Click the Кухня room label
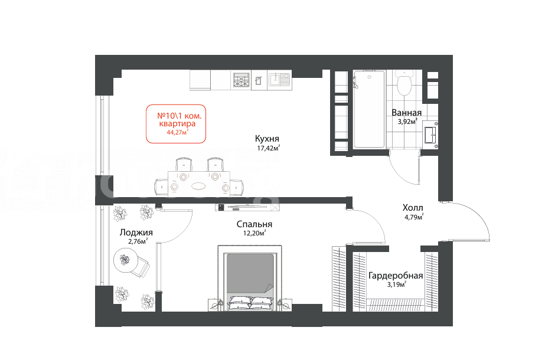[267, 139]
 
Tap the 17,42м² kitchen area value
[268, 148]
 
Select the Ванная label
[406, 113]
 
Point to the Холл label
[413, 208]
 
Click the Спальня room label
[254, 224]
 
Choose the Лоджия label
[136, 233]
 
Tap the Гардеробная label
[396, 276]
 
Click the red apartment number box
[176, 124]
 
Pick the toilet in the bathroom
[404, 83]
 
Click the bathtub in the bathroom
[369, 109]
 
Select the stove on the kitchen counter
[242, 80]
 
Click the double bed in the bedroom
[250, 278]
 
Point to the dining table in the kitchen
[198, 184]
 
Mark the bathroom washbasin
[430, 135]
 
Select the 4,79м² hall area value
[414, 217]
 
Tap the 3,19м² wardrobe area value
[396, 284]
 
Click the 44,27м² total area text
[177, 132]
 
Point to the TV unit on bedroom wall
[247, 207]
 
